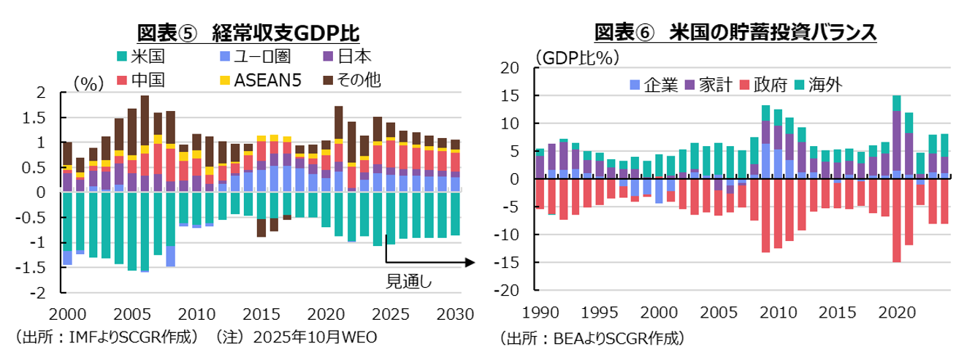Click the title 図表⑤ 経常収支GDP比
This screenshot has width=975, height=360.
[248, 33]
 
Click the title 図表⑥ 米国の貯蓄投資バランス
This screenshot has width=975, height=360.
[735, 33]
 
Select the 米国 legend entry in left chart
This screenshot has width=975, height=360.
[139, 57]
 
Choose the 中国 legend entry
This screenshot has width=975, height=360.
[139, 80]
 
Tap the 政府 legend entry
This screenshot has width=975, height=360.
[764, 85]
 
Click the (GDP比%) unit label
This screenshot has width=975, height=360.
[577, 58]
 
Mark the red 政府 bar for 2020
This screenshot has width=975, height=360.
[896, 220]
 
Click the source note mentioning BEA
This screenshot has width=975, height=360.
[592, 338]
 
